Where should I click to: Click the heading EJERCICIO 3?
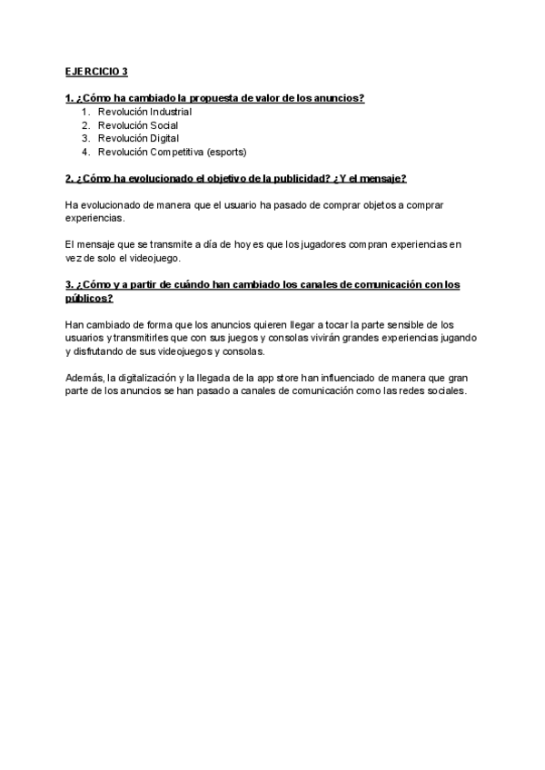click(97, 72)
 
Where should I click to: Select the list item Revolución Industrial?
click(144, 112)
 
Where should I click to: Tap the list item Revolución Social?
click(137, 125)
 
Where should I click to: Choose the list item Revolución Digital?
click(138, 138)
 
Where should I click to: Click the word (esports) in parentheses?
click(226, 152)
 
